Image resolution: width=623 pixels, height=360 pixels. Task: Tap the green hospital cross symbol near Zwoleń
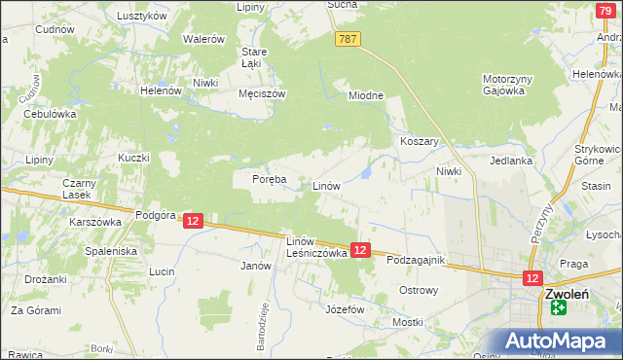[558, 307]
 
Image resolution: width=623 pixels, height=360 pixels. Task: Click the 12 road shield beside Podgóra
[193, 222]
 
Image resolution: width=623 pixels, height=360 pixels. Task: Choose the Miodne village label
[367, 95]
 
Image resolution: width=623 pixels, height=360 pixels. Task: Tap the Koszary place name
[421, 141]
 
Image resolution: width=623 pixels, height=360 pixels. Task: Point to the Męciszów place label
[262, 94]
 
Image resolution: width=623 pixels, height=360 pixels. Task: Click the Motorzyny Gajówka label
[503, 85]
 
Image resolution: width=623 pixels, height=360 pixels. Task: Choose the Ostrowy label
[420, 290]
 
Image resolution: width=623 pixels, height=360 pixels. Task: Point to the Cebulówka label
[50, 114]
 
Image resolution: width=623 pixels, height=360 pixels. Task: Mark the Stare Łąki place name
[254, 57]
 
